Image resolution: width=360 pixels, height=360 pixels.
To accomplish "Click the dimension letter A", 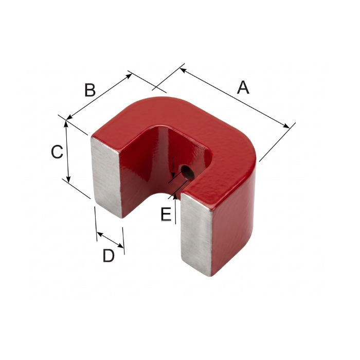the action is [243, 87].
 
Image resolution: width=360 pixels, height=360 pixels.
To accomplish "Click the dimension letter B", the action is [90, 90].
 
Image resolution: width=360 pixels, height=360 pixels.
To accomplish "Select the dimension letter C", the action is [57, 152].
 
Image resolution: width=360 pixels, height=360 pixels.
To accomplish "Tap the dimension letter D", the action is [109, 256].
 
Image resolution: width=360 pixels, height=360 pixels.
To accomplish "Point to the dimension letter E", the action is [166, 214].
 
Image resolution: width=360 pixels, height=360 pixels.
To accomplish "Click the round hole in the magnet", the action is [188, 173].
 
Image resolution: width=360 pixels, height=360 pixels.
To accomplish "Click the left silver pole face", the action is [106, 177].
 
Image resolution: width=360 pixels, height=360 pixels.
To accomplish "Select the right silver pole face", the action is [196, 234].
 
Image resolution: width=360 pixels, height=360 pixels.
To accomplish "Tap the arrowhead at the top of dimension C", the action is [66, 124].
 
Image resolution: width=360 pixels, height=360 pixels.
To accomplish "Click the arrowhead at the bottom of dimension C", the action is [68, 179].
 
